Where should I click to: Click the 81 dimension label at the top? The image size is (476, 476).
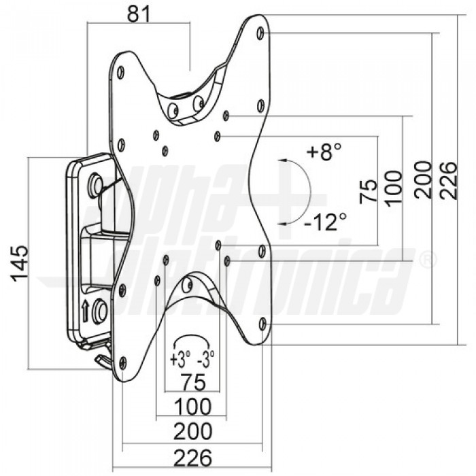point(139,14)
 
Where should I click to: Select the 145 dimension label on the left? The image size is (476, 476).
point(20,264)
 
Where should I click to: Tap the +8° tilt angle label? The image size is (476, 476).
point(324,152)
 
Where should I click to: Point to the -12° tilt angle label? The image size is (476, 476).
point(325,222)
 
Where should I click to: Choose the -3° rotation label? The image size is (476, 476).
point(206,359)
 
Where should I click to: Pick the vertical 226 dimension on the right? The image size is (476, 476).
point(448,181)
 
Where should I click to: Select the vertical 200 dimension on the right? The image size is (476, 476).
point(424,180)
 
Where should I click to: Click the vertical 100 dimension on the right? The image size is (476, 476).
point(394,188)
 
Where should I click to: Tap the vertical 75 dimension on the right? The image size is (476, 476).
point(369,191)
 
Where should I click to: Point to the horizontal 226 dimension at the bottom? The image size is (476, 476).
point(192,458)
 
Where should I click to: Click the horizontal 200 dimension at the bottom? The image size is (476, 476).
point(192,431)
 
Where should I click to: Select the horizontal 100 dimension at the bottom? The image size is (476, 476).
point(193,407)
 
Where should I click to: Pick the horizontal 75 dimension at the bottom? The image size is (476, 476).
point(193,382)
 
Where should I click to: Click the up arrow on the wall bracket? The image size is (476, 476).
point(85,310)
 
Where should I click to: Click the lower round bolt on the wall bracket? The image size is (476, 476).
point(99,311)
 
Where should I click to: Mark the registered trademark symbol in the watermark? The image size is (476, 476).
point(428,260)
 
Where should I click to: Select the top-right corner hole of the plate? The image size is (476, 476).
point(260,33)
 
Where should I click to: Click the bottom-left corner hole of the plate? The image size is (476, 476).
point(122,362)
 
